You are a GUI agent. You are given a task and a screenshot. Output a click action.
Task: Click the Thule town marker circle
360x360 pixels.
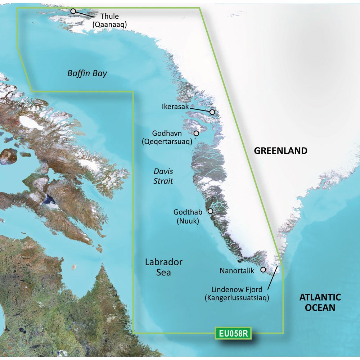point(73,11)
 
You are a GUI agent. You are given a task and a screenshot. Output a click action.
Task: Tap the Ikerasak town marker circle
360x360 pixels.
point(212,112)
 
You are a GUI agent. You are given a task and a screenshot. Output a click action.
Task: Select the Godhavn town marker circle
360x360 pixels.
point(196,133)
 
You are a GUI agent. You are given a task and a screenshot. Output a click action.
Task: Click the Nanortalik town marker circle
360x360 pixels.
point(263,269)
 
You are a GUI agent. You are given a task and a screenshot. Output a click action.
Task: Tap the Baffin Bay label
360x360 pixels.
point(87,74)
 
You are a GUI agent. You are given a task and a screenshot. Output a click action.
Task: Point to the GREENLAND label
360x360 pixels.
point(281,151)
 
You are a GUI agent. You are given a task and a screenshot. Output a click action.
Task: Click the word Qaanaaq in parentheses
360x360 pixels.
point(110,24)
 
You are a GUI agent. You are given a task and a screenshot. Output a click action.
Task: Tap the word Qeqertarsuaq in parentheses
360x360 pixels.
point(166,141)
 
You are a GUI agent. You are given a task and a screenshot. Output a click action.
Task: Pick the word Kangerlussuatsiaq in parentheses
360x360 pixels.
point(237,298)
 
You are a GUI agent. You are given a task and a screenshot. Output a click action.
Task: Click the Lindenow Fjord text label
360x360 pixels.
point(237,289)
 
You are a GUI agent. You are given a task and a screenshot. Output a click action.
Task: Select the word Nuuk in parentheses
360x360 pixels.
point(188,221)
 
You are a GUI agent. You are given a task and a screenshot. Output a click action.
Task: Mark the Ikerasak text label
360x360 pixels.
point(175,107)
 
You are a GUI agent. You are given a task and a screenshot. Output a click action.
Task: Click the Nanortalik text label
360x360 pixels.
point(237,270)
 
